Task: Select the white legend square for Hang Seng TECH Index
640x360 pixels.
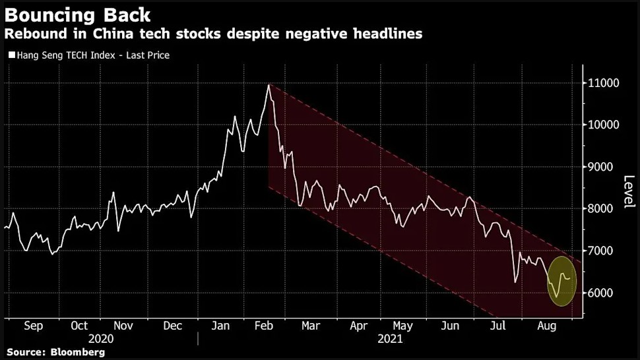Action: (x=11, y=55)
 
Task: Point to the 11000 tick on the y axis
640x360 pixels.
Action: (x=603, y=83)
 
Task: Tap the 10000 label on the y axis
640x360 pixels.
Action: (x=603, y=125)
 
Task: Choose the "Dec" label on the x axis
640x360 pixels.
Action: (x=173, y=326)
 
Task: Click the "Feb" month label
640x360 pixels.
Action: (x=263, y=326)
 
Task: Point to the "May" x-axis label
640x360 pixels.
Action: (x=402, y=326)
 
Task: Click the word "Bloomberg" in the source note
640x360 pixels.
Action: (x=77, y=353)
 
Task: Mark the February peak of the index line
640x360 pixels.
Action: (x=269, y=85)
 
